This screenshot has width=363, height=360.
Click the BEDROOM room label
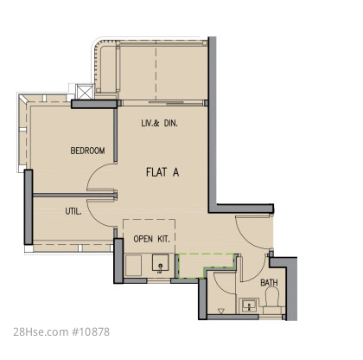point(87,151)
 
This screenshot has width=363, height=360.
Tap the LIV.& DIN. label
point(159,124)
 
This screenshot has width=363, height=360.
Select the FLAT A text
point(162,172)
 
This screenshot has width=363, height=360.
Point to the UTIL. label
point(73,211)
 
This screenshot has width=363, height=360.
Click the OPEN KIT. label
point(151,239)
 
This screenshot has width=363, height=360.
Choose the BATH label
point(269,283)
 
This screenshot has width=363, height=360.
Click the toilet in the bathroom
point(272,299)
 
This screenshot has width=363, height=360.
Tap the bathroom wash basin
point(249,305)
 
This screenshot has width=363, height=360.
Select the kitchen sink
point(161,263)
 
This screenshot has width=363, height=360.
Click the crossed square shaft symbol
point(85,92)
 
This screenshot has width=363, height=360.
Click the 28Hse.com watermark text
point(41,331)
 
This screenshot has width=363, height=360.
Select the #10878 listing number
point(91,331)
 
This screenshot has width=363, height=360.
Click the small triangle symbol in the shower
point(221,312)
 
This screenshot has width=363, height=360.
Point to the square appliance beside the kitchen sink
point(134,265)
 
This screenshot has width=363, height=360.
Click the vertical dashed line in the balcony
point(156,72)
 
